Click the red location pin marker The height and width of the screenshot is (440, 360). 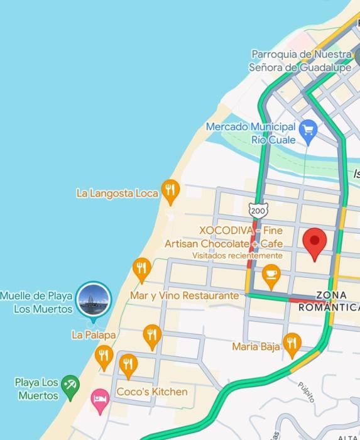click(x=315, y=243)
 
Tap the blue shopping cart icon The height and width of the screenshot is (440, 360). click(x=308, y=131)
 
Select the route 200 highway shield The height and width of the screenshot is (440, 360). click(x=257, y=211)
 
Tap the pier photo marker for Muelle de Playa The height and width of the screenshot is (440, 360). click(x=94, y=300)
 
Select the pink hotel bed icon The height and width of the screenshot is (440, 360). click(x=100, y=400)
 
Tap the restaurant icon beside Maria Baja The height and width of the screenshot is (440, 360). click(x=292, y=343)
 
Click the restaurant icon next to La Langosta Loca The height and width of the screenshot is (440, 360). click(x=170, y=190)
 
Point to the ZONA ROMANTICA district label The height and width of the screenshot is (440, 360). click(x=330, y=301)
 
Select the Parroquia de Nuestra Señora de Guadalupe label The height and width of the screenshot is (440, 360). click(x=301, y=61)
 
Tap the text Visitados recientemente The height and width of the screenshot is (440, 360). click(x=237, y=256)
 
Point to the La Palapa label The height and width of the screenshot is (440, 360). click(x=94, y=335)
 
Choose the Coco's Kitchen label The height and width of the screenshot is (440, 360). click(x=152, y=392)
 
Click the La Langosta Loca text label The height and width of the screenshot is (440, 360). click(x=117, y=193)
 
